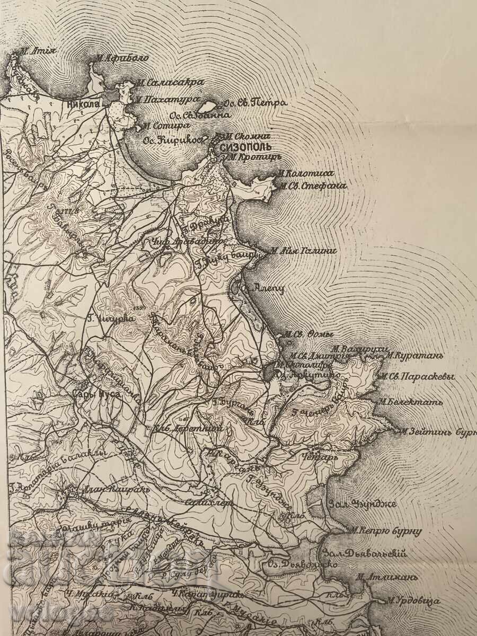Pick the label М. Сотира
point(165,126)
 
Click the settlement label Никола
point(84,104)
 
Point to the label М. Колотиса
point(306,173)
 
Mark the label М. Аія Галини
point(303,250)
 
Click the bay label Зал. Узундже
point(363,503)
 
